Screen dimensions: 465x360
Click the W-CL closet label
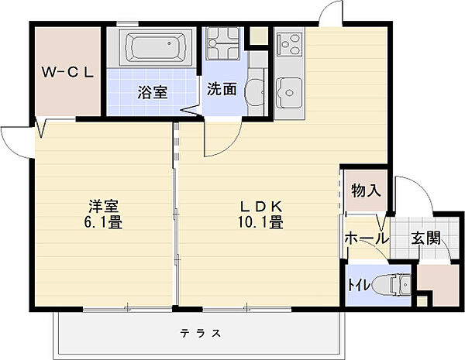click(x=67, y=72)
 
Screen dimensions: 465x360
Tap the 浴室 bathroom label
click(x=153, y=92)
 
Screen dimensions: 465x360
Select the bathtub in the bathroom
click(x=157, y=47)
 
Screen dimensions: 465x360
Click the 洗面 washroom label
click(x=222, y=88)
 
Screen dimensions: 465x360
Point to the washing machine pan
click(x=223, y=43)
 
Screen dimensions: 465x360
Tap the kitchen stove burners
click(x=289, y=44)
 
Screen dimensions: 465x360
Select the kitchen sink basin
click(x=289, y=93)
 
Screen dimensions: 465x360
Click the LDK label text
click(x=260, y=206)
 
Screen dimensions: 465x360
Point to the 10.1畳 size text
click(x=260, y=222)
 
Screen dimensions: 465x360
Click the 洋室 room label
click(x=104, y=206)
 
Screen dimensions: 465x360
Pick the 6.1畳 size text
click(x=104, y=222)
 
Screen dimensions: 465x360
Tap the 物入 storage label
click(x=366, y=190)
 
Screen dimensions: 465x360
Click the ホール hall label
click(x=367, y=238)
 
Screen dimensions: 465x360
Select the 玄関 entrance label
click(x=425, y=238)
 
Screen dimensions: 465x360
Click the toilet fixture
click(x=391, y=285)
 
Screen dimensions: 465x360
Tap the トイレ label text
click(x=359, y=285)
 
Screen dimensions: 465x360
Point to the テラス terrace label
click(x=201, y=334)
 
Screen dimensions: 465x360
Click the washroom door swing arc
click(x=230, y=145)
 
